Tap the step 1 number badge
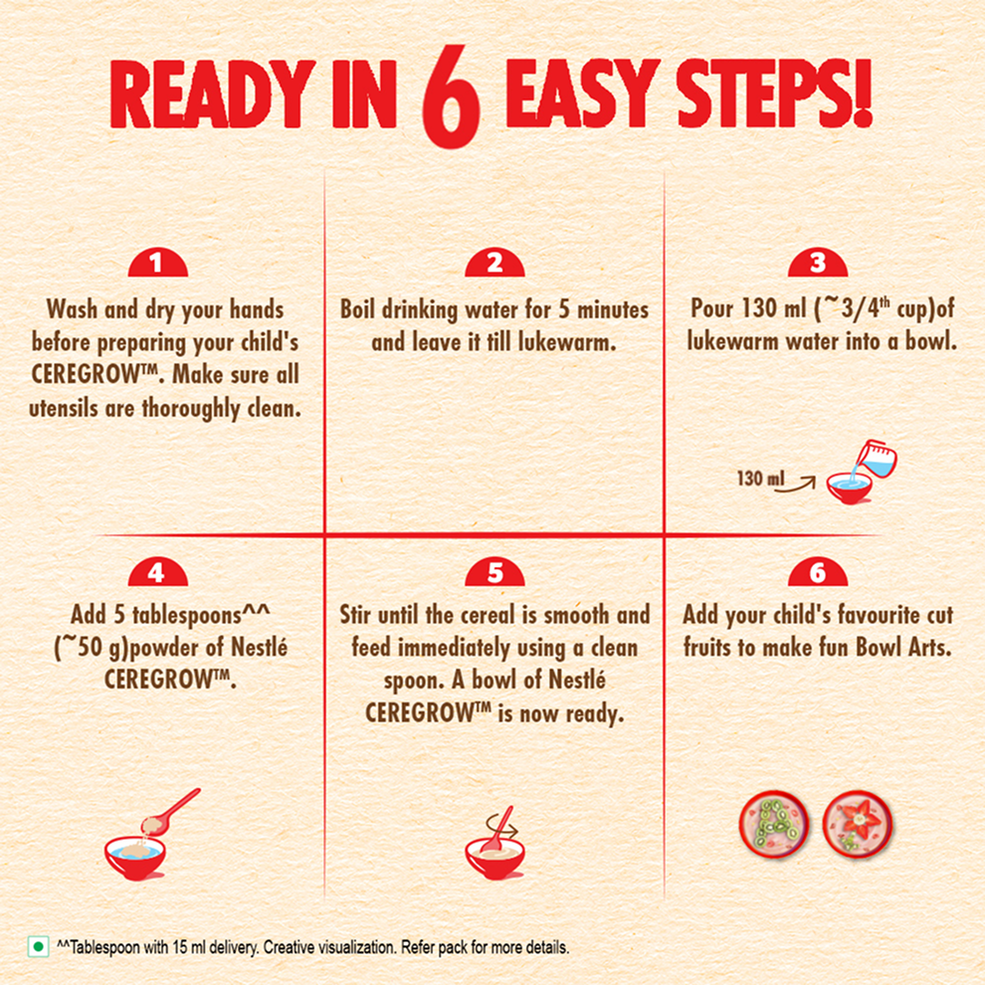[x=157, y=263]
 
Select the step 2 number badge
[x=495, y=263]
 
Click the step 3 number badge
[x=818, y=263]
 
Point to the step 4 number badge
[x=157, y=572]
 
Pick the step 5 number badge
[x=495, y=572]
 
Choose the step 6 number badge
[x=818, y=572]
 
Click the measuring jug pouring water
[x=877, y=459]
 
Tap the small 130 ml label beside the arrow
[x=760, y=479]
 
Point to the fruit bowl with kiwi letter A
[x=774, y=824]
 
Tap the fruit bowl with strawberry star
[x=858, y=824]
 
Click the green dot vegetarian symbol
[x=39, y=946]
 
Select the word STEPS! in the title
[x=774, y=95]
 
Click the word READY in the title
[x=212, y=95]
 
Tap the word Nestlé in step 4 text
[x=259, y=647]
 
